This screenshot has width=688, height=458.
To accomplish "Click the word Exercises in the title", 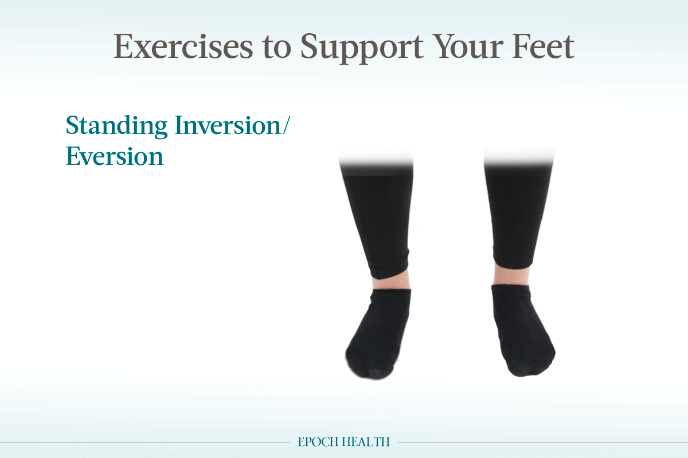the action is click(x=183, y=46).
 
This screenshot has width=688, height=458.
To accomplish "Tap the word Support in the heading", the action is click(x=362, y=49).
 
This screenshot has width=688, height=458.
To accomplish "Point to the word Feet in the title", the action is click(x=543, y=46).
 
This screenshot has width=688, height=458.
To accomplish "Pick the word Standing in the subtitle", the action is click(x=117, y=127).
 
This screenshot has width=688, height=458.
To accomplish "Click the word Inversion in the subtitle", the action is click(x=228, y=125).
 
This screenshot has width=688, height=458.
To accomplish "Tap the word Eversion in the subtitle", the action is click(x=115, y=156).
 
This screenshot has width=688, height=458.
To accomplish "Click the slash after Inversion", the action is click(x=286, y=125).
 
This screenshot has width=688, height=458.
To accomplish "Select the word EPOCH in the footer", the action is click(x=318, y=442).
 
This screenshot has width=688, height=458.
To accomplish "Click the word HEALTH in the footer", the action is click(x=366, y=442).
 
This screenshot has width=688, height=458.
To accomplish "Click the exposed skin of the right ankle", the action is click(x=511, y=275).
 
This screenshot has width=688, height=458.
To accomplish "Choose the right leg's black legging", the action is click(x=518, y=212).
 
